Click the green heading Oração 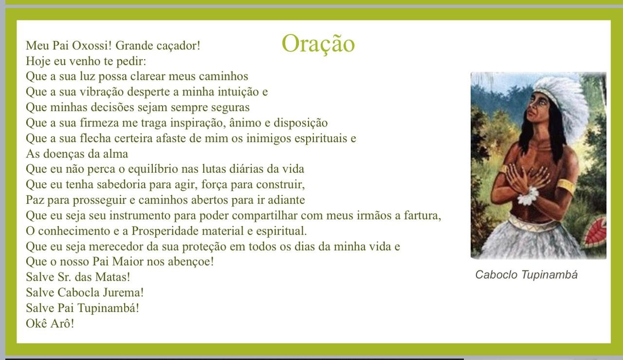(318, 43)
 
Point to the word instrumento (140, 216)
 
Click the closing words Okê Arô (50, 324)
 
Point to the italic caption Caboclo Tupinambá (526, 275)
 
